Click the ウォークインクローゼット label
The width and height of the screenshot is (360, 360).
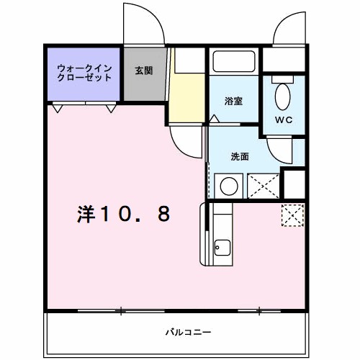coord(84,73)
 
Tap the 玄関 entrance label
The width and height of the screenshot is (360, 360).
coord(144,71)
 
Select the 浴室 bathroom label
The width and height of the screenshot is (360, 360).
coord(233,101)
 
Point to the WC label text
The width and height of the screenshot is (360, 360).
coord(284,120)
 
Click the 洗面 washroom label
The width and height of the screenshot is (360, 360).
coord(240,156)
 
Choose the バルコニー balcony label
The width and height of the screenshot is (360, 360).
coord(189,333)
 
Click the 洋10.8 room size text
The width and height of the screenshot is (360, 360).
coord(124,214)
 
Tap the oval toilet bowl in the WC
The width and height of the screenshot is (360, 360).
coord(283,97)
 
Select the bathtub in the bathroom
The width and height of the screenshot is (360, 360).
coord(234,61)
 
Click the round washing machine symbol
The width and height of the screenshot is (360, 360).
coord(229,186)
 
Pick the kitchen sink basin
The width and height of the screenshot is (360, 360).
coord(222,248)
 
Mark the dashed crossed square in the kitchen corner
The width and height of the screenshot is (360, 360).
coord(293,215)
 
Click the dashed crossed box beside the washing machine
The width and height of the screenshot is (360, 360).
coord(264,186)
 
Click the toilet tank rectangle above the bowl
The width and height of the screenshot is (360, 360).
coord(283,79)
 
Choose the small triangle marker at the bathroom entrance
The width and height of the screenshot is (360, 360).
coord(214,119)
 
